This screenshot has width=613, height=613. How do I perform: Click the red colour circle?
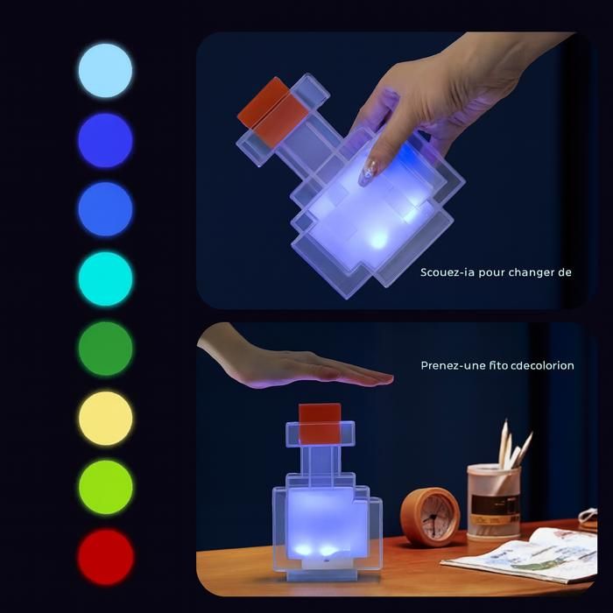point(106,557)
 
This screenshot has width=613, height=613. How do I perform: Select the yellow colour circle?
point(106,418)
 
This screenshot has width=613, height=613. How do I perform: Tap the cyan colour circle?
point(106,278)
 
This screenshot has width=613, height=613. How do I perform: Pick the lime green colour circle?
point(106,487)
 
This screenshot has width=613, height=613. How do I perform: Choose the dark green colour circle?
point(106,349)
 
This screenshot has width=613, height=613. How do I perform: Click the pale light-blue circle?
point(105,70)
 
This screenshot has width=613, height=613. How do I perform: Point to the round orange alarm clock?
point(430,516)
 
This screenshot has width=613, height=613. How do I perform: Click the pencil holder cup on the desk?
point(494,500)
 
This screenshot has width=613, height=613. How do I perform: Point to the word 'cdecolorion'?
point(543,365)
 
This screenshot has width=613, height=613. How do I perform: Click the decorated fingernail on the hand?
point(369,173)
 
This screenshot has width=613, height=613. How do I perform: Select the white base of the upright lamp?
point(321,563)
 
